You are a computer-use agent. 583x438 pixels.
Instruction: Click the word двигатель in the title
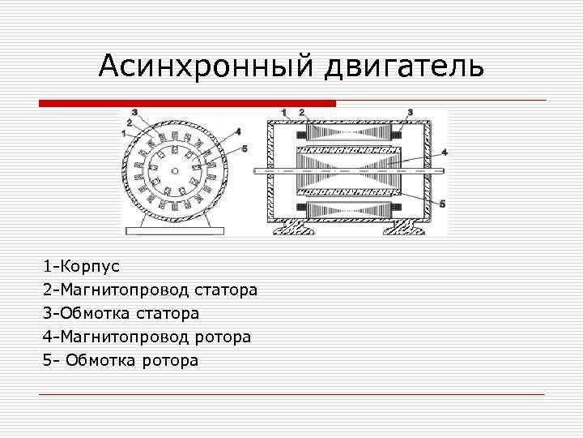pyautogui.click(x=404, y=67)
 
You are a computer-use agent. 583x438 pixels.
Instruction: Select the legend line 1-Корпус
pyautogui.click(x=82, y=266)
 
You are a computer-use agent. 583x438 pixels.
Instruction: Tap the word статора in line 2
pyautogui.click(x=226, y=290)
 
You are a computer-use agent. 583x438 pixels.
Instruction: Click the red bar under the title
pyautogui.click(x=187, y=103)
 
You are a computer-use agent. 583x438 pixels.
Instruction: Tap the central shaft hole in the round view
pyautogui.click(x=174, y=170)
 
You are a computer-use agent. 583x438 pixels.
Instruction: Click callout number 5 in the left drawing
pyautogui.click(x=245, y=148)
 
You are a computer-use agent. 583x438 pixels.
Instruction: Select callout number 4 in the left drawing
pyautogui.click(x=237, y=131)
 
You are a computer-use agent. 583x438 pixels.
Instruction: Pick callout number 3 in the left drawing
pyautogui.click(x=134, y=112)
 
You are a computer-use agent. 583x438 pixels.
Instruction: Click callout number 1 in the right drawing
pyautogui.click(x=284, y=111)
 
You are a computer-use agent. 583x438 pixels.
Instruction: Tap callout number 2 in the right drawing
pyautogui.click(x=301, y=111)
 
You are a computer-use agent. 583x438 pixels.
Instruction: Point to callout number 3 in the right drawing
pyautogui.click(x=411, y=111)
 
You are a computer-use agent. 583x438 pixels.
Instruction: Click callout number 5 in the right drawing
pyautogui.click(x=442, y=204)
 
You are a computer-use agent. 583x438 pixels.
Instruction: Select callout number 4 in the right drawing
pyautogui.click(x=444, y=152)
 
